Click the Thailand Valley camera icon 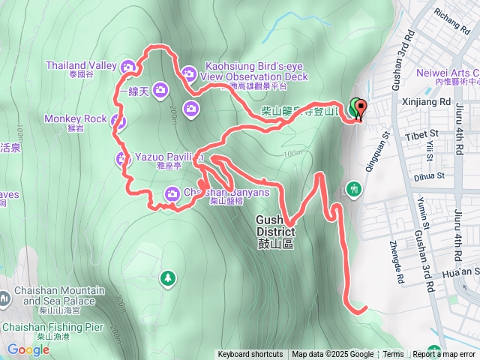click(x=128, y=67)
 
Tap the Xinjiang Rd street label click(x=424, y=101)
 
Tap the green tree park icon click(x=167, y=279)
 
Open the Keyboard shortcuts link click(x=250, y=355)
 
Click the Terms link click(x=393, y=355)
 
